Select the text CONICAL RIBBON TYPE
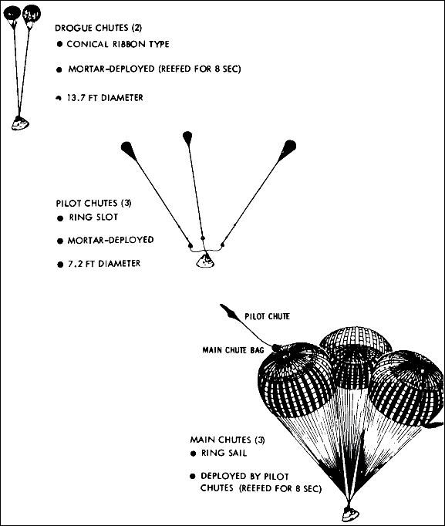click(x=119, y=44)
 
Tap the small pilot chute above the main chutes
click(x=231, y=311)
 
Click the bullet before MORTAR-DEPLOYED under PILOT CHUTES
click(x=61, y=241)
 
